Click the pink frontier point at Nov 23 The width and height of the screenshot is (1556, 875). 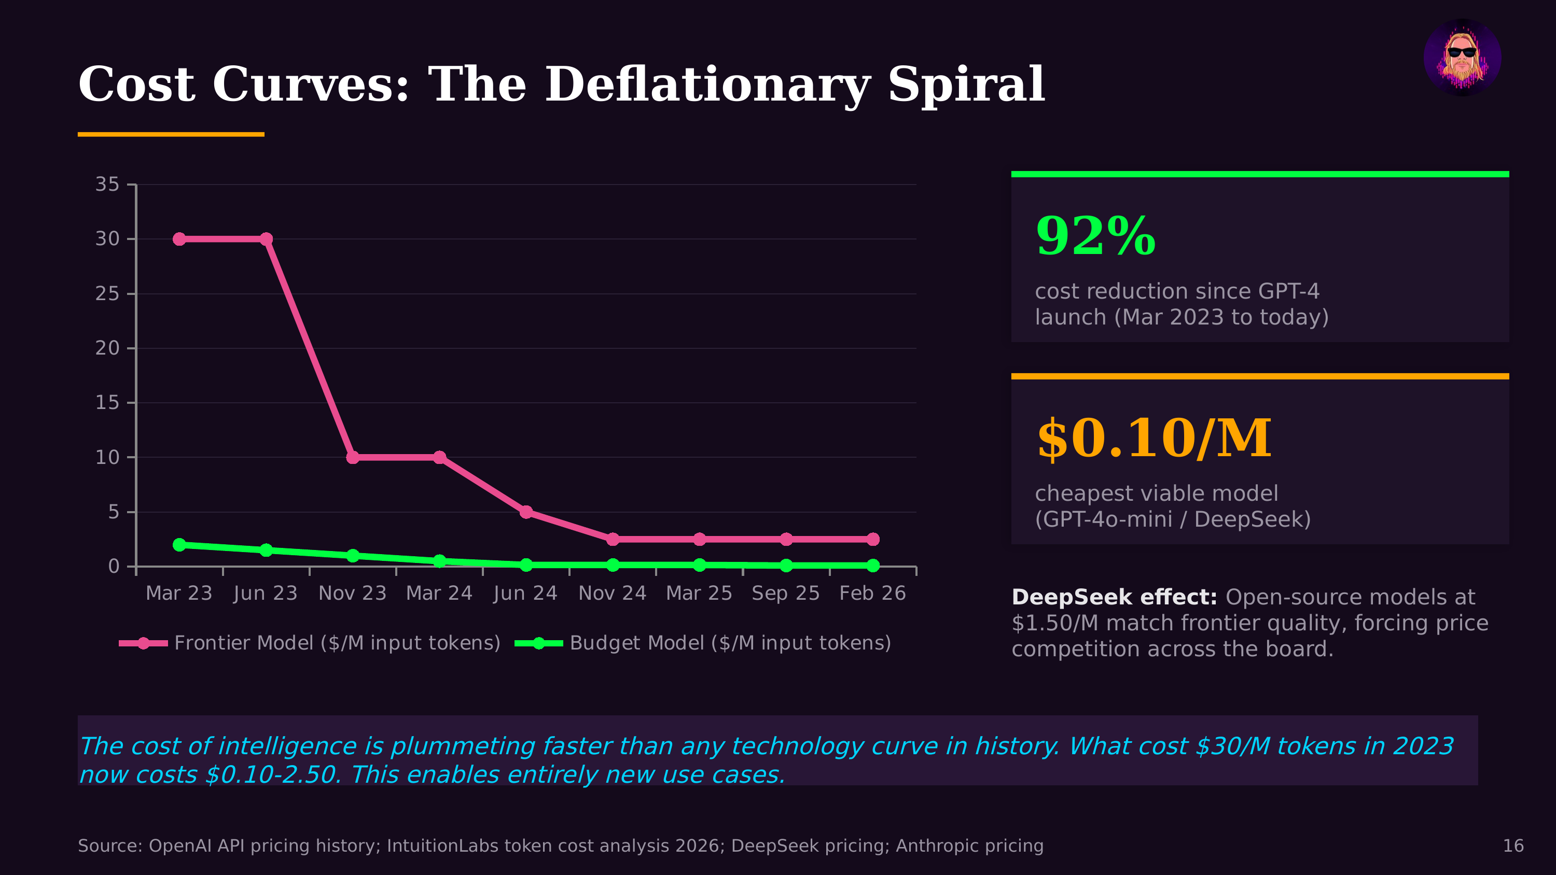(x=353, y=458)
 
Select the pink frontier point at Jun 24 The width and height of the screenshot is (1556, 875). (x=526, y=512)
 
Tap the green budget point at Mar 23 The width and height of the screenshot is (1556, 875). (x=179, y=545)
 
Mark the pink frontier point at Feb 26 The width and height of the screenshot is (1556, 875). (x=873, y=539)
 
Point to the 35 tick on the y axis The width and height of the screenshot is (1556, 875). (x=107, y=184)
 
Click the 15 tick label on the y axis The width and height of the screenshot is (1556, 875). (x=107, y=403)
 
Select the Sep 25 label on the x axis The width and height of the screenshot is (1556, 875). (x=785, y=593)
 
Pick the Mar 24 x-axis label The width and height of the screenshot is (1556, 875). (x=439, y=593)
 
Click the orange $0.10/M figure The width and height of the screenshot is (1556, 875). (x=1154, y=439)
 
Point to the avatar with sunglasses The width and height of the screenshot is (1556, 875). (x=1462, y=58)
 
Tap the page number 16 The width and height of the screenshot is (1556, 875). (x=1512, y=845)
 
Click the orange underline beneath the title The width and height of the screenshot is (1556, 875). (x=171, y=134)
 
